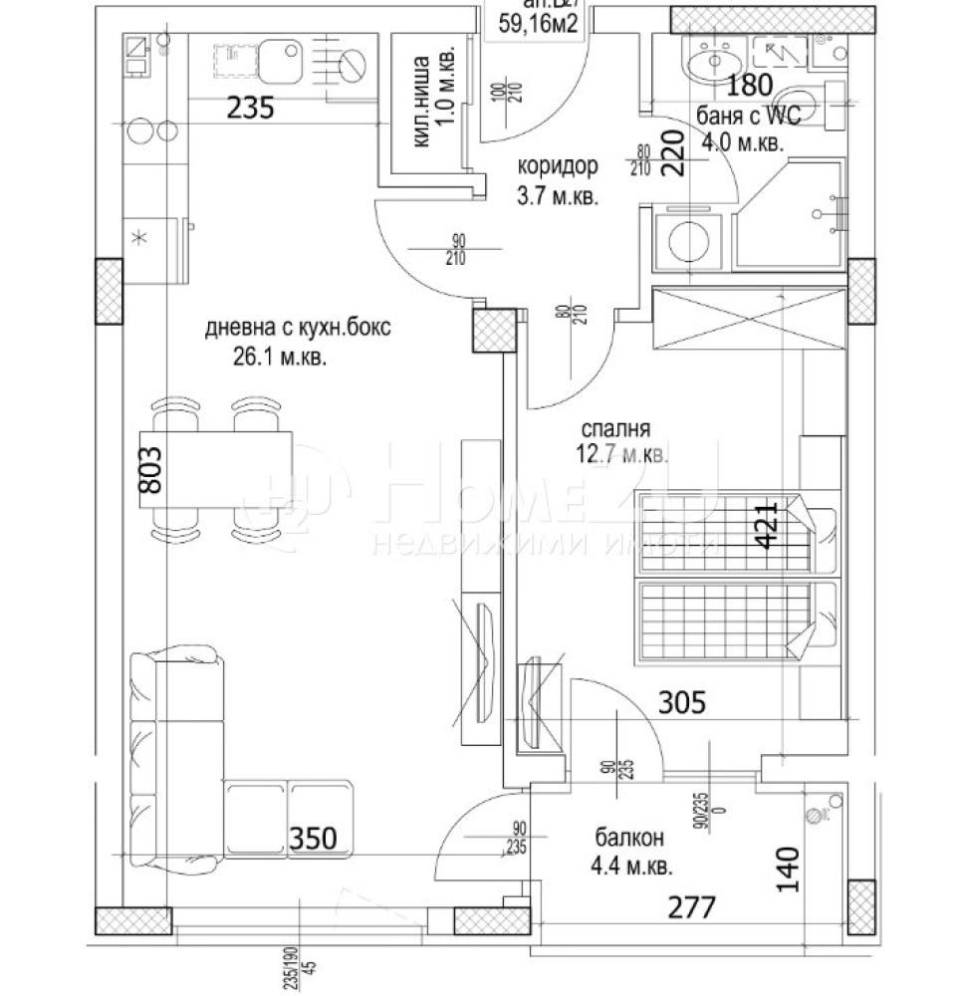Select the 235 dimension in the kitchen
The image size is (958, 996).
point(249,108)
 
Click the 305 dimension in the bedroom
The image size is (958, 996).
point(683,703)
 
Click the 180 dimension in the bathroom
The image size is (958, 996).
point(749,87)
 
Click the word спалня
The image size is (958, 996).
point(617,429)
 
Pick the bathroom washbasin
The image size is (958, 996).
point(713,62)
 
